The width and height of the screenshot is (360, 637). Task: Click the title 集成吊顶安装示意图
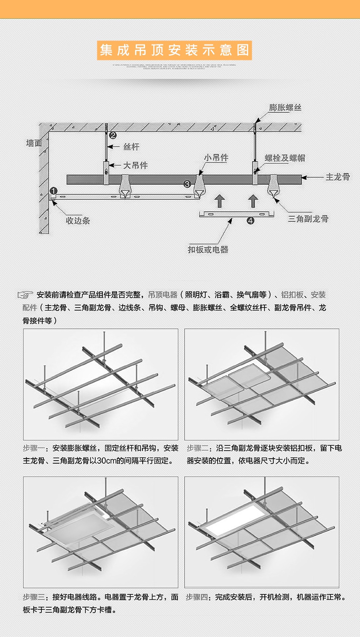point(174,50)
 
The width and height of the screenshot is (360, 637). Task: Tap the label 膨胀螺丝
point(285,107)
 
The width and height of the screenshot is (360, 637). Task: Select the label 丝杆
point(131,147)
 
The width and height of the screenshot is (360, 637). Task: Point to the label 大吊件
point(135,165)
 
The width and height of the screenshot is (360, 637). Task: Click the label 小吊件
point(216,158)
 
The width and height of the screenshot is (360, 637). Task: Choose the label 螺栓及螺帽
point(285,158)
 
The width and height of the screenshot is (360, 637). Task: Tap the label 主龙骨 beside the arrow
point(337,177)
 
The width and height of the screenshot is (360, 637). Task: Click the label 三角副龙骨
point(308,219)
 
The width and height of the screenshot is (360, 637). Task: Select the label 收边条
point(78,221)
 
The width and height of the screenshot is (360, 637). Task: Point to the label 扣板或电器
point(208,249)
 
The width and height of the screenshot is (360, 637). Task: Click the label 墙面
point(34,143)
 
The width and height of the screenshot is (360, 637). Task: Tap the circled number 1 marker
point(54,191)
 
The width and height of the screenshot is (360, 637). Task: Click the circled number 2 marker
point(113,135)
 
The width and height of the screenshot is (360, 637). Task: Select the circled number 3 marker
point(187,184)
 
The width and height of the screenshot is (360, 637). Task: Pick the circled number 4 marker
point(251,221)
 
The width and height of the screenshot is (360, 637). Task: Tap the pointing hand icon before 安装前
point(25,295)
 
